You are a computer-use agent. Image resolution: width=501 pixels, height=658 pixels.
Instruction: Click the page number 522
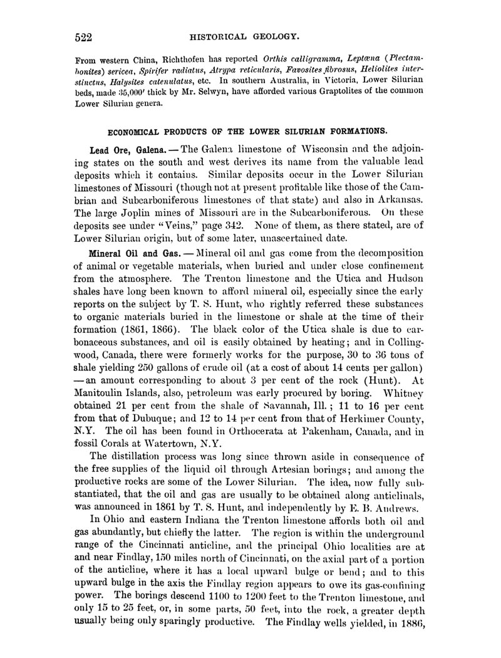[x=84, y=37]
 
